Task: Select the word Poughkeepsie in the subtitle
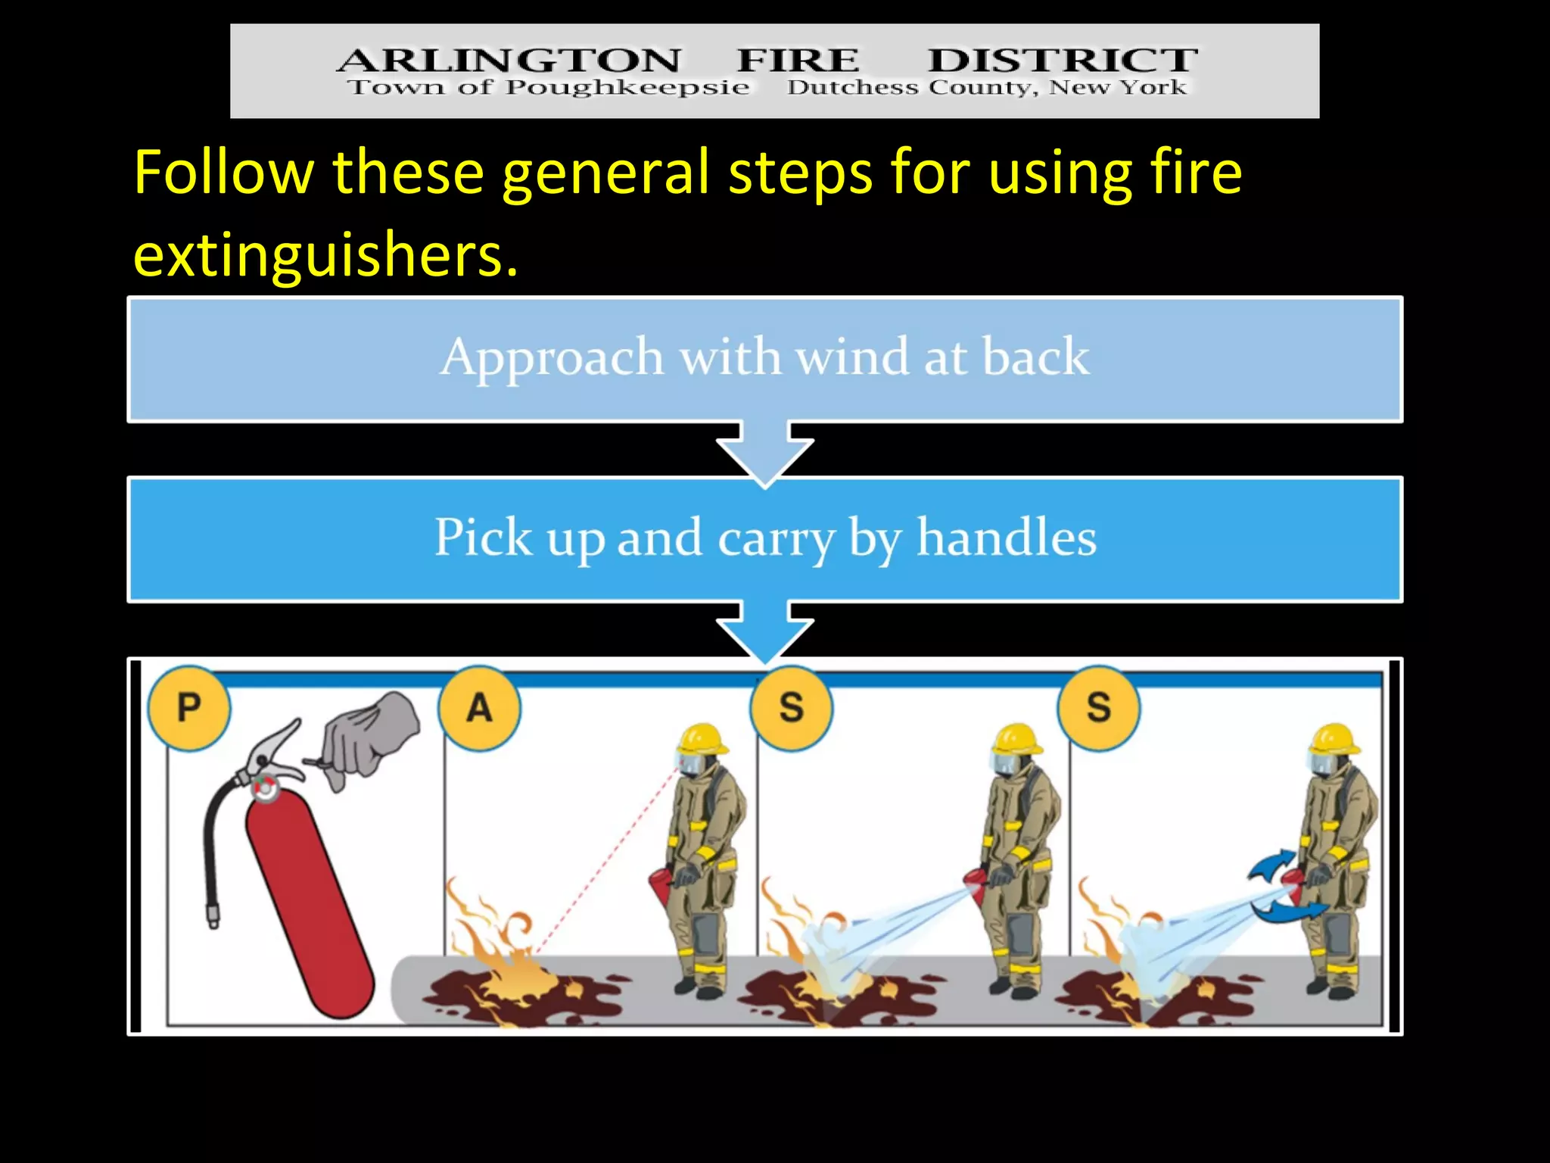pos(627,87)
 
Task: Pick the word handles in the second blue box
pos(1007,537)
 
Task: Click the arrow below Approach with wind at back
pos(764,452)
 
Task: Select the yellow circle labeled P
pos(188,708)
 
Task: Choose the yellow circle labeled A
pos(479,708)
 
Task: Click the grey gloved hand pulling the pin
pos(369,738)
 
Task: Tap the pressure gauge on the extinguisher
pos(265,787)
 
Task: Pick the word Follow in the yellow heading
pos(223,173)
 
